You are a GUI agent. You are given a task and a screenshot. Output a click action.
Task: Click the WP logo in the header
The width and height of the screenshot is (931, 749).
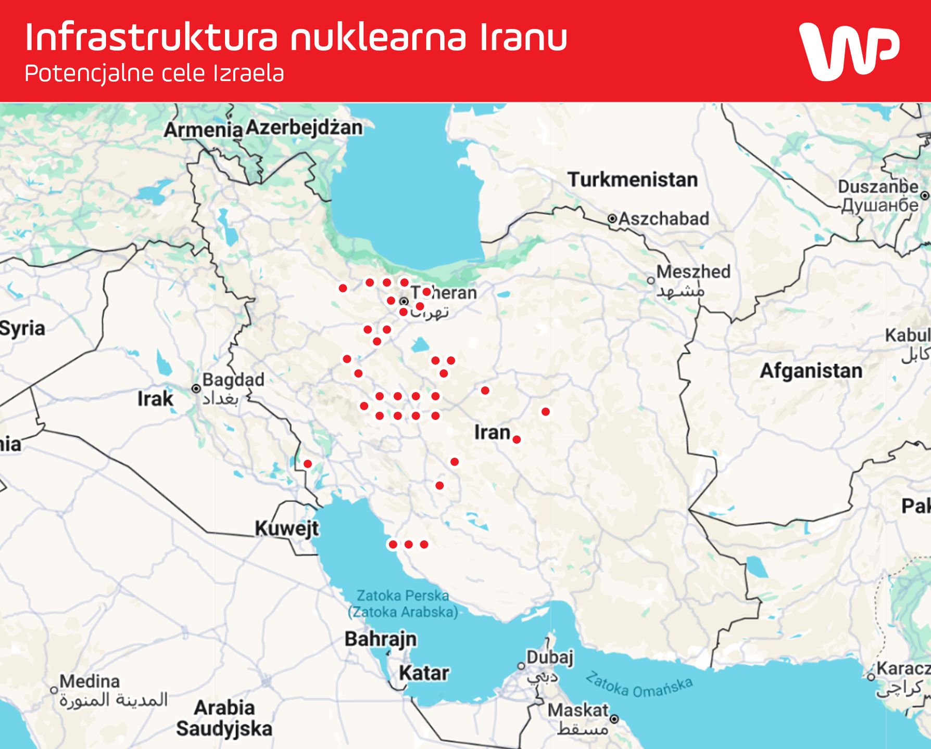click(849, 51)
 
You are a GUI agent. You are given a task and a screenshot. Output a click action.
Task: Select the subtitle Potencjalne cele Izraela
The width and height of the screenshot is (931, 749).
click(154, 74)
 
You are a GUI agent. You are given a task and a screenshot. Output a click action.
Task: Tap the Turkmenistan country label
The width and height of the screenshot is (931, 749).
click(632, 180)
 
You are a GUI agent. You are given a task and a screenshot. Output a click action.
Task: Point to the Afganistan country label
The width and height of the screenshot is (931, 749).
click(811, 371)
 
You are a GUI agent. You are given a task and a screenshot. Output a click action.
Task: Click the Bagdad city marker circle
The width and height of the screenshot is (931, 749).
click(196, 389)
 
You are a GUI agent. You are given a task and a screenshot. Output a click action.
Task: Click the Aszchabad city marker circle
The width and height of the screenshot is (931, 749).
click(612, 219)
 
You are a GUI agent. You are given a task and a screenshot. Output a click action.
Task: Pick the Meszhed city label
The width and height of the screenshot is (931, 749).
click(693, 272)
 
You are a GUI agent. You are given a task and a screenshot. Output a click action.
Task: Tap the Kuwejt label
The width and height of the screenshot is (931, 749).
click(287, 529)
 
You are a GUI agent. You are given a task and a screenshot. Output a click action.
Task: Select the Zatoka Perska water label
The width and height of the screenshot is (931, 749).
click(402, 596)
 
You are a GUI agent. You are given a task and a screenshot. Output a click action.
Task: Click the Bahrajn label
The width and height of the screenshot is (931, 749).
click(381, 639)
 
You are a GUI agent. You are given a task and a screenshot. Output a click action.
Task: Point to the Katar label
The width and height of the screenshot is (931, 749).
click(424, 673)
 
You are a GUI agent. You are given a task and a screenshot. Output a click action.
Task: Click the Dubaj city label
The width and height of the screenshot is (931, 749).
click(549, 657)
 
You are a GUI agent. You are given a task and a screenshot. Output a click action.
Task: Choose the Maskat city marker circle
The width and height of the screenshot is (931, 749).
click(614, 719)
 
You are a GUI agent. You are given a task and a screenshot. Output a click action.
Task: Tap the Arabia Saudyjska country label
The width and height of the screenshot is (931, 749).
click(224, 718)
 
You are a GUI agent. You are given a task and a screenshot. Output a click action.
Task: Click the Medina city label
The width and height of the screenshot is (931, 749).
click(90, 681)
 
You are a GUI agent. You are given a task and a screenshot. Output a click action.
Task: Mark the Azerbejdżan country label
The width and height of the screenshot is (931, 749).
click(304, 128)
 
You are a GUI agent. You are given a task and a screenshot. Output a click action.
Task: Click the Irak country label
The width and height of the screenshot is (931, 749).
click(155, 399)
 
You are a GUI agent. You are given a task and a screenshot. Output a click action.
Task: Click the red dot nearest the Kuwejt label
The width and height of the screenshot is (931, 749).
click(308, 464)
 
